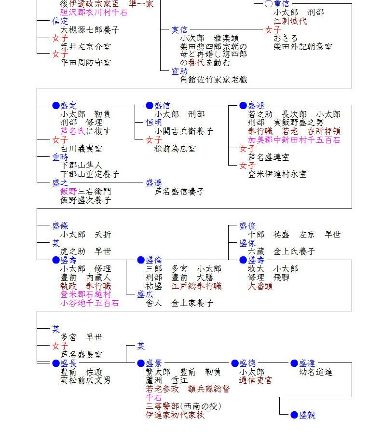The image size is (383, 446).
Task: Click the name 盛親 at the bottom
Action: coord(307,415)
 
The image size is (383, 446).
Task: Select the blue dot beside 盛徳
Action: coord(235,363)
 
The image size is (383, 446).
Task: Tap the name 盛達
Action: coord(307,363)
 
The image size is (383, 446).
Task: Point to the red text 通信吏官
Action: coord(256,380)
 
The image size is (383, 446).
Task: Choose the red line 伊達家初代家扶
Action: coord(175,415)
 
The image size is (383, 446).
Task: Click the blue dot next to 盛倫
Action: coord(141,260)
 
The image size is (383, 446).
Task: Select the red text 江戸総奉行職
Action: coord(196,286)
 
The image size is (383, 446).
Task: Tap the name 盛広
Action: coord(145,294)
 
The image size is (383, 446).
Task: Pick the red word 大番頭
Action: coord(260,286)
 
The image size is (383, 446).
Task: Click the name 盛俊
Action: coord(247,225)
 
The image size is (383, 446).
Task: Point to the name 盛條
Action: coord(60,225)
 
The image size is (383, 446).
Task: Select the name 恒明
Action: coord(154,123)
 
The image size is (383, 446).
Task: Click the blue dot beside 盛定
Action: coord(55,106)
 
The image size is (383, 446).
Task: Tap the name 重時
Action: coord(60,157)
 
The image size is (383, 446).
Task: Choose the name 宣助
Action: coord(180,71)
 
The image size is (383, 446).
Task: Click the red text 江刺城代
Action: coord(290,21)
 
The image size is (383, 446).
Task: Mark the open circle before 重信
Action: coord(269,4)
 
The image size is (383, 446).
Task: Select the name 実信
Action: coord(180,30)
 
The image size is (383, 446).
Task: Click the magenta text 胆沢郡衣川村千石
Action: coord(94,13)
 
